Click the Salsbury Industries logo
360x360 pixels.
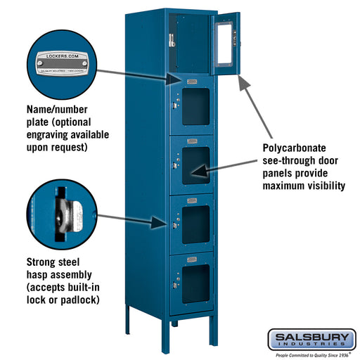[x=311, y=340]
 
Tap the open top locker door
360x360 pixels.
[x=227, y=43]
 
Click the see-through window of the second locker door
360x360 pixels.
[x=195, y=105]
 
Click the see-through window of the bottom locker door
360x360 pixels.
[x=195, y=281]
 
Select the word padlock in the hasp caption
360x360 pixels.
[x=78, y=300]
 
